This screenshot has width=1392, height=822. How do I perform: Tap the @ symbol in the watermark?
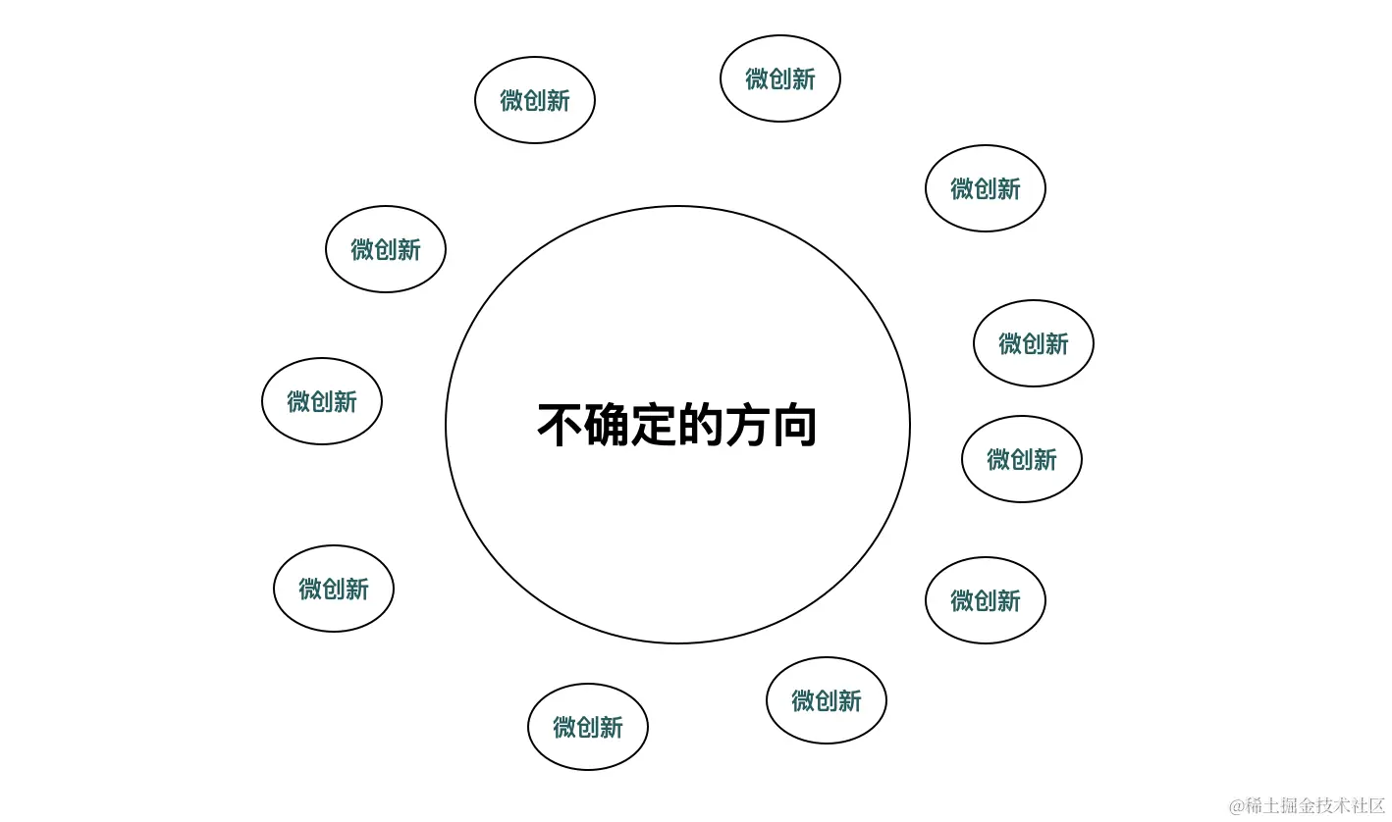pos(1237,806)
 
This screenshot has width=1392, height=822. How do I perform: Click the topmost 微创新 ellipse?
pos(780,78)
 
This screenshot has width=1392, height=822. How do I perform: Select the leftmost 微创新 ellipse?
pos(322,401)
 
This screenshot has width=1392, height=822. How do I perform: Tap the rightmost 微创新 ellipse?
pos(1034,343)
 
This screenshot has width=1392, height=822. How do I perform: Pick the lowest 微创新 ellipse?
pos(588,727)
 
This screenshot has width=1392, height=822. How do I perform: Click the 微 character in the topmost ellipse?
pos(757,78)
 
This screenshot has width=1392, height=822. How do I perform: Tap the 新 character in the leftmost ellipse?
pos(346,401)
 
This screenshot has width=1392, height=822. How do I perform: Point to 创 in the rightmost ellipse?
pos(1034,343)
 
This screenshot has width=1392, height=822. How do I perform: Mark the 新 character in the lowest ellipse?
pos(612,727)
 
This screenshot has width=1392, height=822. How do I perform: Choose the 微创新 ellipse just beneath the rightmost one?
pos(1022,459)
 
